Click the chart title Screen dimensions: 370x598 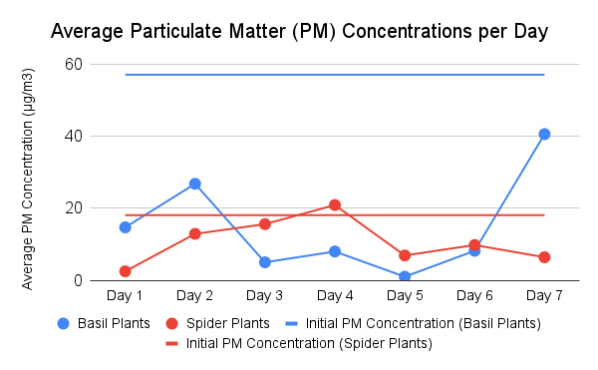click(299, 32)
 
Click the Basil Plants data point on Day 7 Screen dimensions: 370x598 click(544, 134)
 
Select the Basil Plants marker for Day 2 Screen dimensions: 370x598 click(195, 184)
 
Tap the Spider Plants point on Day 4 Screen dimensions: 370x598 click(335, 204)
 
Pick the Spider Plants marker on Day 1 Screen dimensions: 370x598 click(126, 271)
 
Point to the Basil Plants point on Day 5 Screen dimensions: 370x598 click(405, 276)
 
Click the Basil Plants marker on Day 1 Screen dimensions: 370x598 click(126, 227)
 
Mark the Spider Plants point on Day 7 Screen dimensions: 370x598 click(544, 257)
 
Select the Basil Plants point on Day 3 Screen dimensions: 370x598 click(265, 262)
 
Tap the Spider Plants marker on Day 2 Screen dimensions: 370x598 click(195, 233)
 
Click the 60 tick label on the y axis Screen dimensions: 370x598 click(72, 64)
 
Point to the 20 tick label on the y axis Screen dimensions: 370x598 click(72, 208)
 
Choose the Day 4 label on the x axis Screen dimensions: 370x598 click(335, 296)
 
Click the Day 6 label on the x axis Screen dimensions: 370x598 click(474, 296)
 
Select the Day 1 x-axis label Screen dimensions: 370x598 click(126, 296)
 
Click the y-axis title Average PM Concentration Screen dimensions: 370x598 click(29, 179)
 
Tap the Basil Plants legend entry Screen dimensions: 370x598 click(104, 323)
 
